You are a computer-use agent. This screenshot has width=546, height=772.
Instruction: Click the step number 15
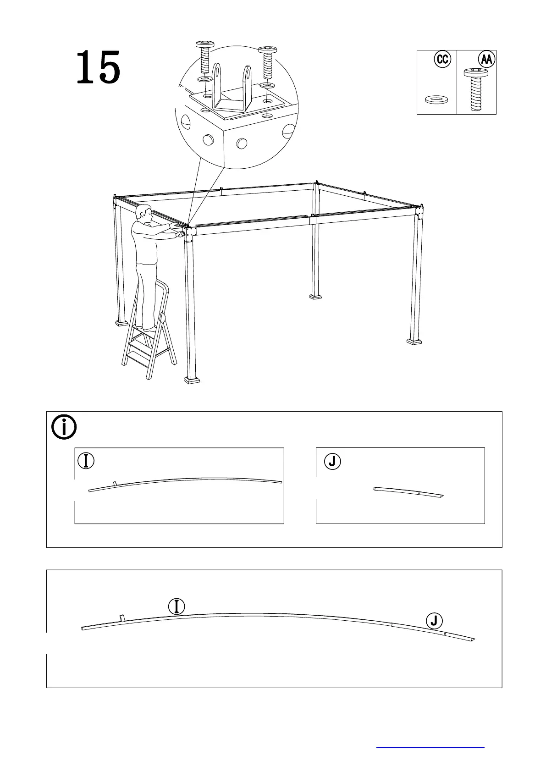point(98,68)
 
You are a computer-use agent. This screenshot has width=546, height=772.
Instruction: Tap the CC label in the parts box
point(442,59)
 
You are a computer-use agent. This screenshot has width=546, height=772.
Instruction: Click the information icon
point(64,427)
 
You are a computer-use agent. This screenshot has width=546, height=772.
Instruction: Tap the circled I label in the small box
point(86,461)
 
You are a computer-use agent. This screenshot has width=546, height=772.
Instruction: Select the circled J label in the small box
point(332,462)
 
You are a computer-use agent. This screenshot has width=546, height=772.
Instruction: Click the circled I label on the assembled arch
point(176,607)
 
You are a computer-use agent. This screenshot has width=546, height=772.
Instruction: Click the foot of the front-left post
point(192,380)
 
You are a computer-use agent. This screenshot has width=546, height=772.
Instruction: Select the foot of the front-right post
point(414,341)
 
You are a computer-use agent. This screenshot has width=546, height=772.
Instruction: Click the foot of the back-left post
point(121,323)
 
